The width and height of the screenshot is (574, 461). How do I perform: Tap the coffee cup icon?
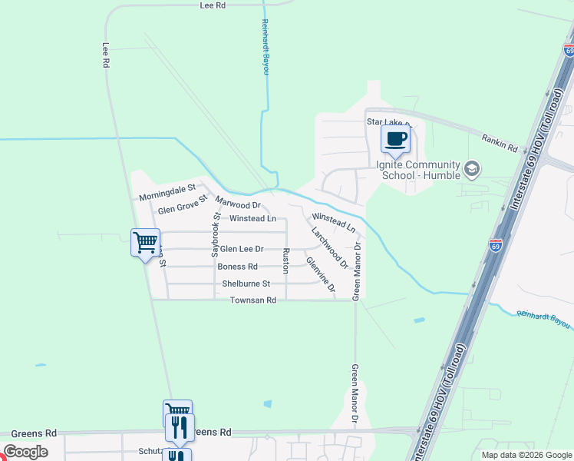396,139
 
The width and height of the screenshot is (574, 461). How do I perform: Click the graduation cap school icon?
472,167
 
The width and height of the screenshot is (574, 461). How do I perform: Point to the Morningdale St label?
168,192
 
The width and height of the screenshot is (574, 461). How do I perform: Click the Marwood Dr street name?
239,204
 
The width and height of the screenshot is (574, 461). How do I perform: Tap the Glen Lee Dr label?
242,249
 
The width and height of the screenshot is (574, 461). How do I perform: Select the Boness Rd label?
238,267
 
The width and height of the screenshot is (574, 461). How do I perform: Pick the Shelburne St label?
246,284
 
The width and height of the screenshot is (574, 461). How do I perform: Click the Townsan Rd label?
252,300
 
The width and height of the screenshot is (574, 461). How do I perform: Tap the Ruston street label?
285,260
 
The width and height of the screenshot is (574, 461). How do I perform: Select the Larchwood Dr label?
330,247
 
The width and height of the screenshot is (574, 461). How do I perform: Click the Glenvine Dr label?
321,274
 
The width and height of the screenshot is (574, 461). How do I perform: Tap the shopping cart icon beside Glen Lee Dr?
145,243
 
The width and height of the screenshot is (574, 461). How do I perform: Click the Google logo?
25,452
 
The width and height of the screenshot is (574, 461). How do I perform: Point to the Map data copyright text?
526,455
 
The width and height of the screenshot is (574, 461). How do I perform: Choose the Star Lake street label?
388,122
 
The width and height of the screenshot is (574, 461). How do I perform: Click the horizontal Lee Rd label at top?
213,5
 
